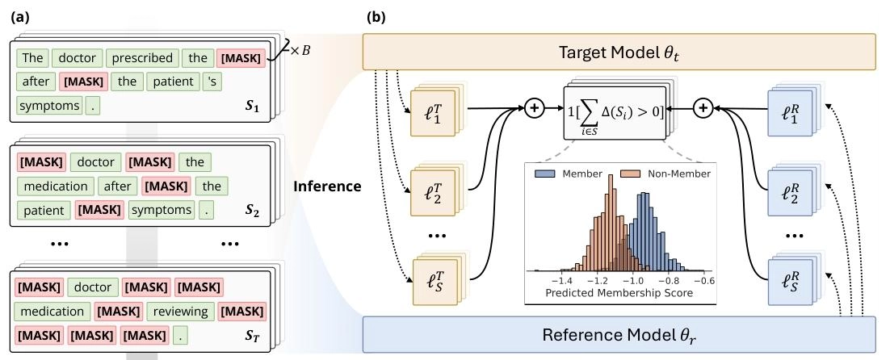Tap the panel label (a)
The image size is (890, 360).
[19, 15]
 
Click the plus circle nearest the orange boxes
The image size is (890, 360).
[533, 107]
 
